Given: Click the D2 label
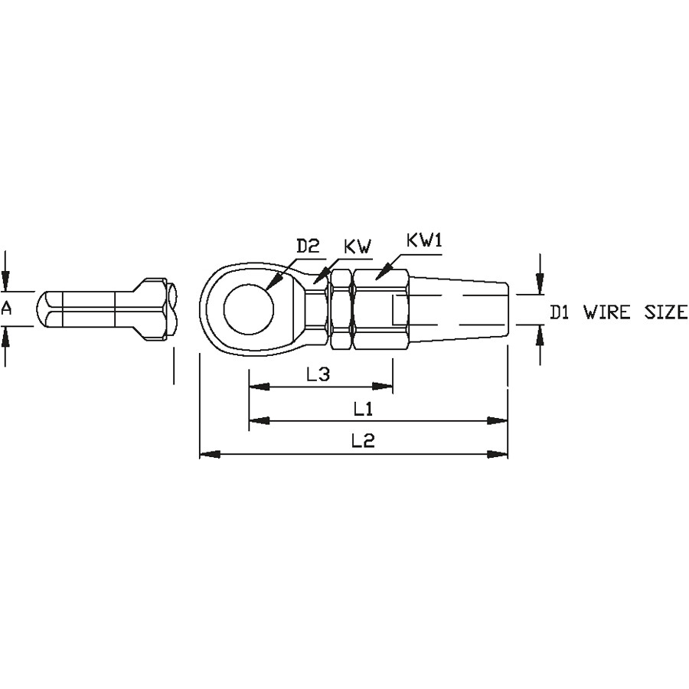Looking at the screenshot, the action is [x=308, y=246].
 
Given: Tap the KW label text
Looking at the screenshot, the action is [x=358, y=246].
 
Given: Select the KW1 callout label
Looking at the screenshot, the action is [x=424, y=240].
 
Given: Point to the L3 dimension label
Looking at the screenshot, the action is [x=318, y=374].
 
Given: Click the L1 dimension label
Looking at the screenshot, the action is [x=364, y=409].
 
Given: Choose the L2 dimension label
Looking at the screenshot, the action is [x=364, y=440].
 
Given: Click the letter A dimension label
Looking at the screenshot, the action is [x=6, y=309].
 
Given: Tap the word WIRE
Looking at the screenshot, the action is [x=607, y=312].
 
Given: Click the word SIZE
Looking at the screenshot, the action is [x=666, y=312].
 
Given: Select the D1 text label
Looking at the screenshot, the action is [x=560, y=312].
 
